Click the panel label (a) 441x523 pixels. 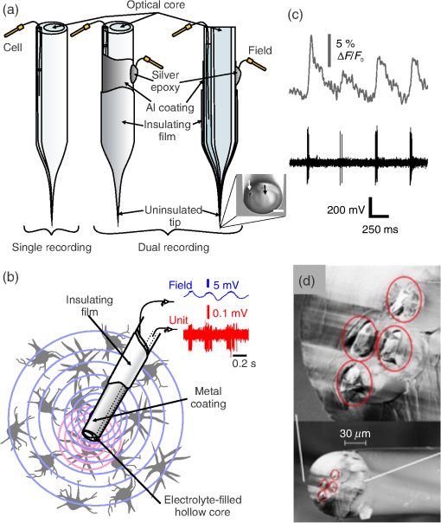[10, 10]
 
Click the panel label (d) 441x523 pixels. [307, 281]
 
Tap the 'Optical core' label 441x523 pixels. [156, 4]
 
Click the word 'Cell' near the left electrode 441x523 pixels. [13, 48]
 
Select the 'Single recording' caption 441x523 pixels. [52, 247]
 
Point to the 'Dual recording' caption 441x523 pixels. [174, 247]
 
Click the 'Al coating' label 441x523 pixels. [169, 107]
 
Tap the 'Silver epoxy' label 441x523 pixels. [165, 81]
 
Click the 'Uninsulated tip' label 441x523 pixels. [174, 216]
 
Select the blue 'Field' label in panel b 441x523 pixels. [181, 285]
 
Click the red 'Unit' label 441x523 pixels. [178, 320]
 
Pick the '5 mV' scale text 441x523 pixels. [227, 286]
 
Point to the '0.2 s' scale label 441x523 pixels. [244, 363]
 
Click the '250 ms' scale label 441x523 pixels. [380, 229]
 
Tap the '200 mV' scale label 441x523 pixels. [346, 210]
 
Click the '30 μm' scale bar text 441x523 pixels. [355, 434]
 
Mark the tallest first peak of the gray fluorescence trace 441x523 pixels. [311, 36]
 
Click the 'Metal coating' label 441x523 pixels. [208, 397]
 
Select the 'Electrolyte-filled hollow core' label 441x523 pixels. [203, 506]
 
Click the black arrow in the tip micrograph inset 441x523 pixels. [265, 190]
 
